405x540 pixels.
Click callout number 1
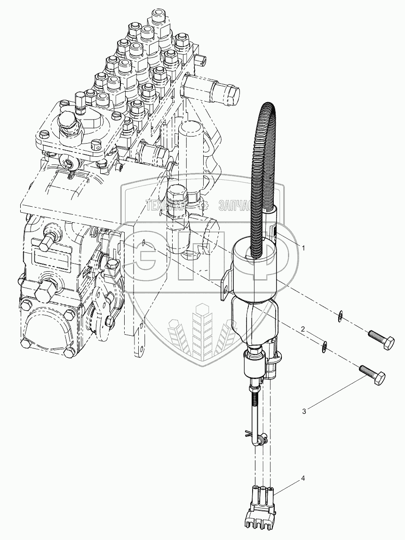click(x=304, y=248)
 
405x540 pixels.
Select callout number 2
click(x=304, y=330)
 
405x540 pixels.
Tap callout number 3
click(x=304, y=411)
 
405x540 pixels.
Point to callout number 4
click(x=303, y=479)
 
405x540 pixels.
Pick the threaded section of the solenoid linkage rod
click(x=255, y=400)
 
